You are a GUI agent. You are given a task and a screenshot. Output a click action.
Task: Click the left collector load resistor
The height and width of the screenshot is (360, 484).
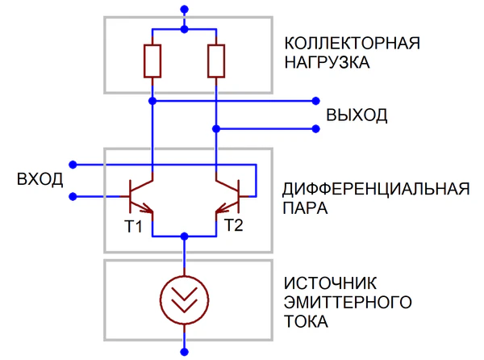tap(152, 61)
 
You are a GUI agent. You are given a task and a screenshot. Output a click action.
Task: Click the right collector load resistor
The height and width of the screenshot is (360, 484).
tap(216, 61)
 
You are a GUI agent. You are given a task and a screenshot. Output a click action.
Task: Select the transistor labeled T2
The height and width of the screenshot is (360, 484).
tap(228, 195)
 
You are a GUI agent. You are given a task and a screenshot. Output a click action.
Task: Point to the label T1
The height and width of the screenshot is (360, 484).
tap(133, 227)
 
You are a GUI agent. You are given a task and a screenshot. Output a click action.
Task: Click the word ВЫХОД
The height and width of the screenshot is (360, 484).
tap(357, 115)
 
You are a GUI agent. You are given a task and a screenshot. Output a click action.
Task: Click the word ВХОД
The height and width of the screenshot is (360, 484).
tap(40, 179)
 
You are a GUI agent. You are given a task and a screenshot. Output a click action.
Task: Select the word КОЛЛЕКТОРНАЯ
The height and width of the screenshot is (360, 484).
tap(353, 43)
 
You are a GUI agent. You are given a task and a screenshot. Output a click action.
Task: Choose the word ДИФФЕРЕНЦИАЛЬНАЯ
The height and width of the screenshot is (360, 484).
tap(376, 190)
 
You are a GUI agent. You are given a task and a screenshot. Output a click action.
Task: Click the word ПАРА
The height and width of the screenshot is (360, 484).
tap(306, 209)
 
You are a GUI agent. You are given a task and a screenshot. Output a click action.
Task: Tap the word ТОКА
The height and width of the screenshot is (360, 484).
tap(306, 322)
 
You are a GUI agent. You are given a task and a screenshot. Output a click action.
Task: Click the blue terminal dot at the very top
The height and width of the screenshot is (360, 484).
tap(185, 10)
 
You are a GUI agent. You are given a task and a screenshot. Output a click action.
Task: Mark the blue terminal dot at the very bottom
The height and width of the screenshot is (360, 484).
tap(185, 352)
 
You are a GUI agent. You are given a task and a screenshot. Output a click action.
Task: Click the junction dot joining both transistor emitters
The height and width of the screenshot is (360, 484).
tap(185, 236)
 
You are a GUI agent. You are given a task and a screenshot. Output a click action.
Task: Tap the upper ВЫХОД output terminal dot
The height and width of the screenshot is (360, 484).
tap(316, 102)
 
